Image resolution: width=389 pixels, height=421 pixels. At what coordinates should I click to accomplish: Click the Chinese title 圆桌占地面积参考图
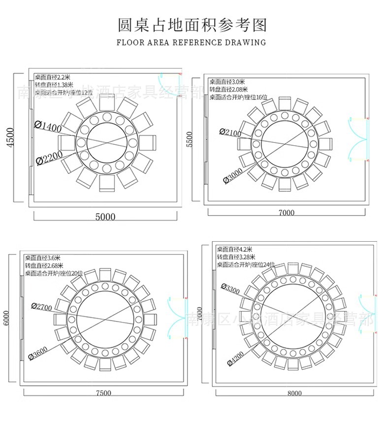(x=192, y=25)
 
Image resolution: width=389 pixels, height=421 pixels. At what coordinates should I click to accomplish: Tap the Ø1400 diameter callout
(x=48, y=127)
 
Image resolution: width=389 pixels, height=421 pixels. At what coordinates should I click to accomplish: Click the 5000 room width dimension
(x=105, y=217)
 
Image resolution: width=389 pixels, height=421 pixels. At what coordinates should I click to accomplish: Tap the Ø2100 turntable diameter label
(x=230, y=132)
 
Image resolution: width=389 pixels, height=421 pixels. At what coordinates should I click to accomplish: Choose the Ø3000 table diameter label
(x=232, y=175)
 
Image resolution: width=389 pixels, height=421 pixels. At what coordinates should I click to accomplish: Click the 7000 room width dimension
(x=286, y=213)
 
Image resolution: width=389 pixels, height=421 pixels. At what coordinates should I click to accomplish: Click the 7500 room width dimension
(x=103, y=393)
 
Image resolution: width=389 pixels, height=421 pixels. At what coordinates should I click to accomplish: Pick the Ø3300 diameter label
(x=230, y=290)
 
